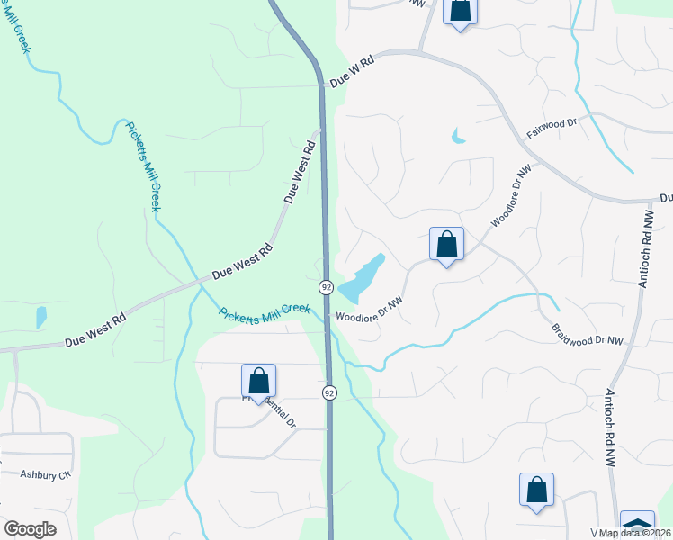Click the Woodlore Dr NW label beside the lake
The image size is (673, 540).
(x=368, y=309)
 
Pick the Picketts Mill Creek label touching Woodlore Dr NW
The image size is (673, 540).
(x=265, y=309)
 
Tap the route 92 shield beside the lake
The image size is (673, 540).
(x=326, y=287)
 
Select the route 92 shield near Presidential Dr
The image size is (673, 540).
(x=329, y=393)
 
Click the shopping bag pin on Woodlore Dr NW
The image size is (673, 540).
(x=446, y=245)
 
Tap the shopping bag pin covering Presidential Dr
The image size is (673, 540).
(x=258, y=382)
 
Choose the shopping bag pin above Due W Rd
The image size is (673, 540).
(x=461, y=12)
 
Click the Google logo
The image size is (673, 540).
(x=30, y=529)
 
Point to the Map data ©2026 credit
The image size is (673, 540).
(x=631, y=532)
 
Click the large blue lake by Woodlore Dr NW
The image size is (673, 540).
(x=360, y=277)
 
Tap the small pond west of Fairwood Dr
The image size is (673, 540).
(x=459, y=138)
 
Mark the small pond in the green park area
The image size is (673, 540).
(x=40, y=317)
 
